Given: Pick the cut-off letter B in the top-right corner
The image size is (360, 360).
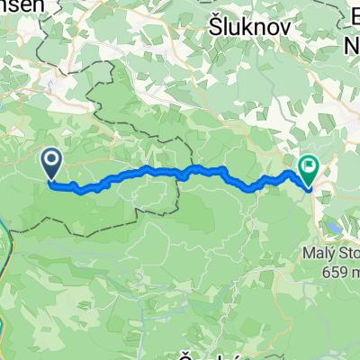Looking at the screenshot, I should [353, 18].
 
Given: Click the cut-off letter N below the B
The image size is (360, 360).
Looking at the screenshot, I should [353, 42].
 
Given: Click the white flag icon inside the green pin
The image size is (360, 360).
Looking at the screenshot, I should [310, 165].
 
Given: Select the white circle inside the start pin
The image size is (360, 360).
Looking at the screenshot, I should [51, 161].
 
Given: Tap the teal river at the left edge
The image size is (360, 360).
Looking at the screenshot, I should [4, 243].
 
